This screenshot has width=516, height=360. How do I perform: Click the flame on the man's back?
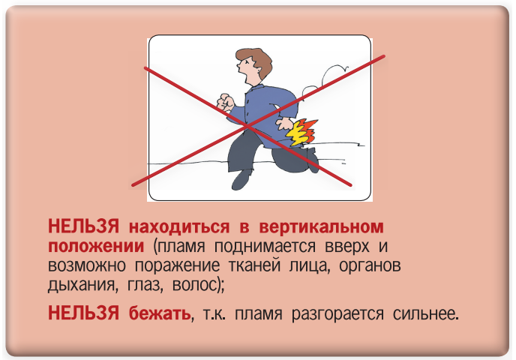(x=301, y=132)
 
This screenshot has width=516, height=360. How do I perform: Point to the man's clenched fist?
(x=226, y=102)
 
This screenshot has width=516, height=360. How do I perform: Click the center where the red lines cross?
(x=247, y=126)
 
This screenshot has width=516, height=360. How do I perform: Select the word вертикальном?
(x=321, y=227)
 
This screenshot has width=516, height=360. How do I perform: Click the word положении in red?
(x=96, y=246)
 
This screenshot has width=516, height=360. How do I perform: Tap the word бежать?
(x=160, y=313)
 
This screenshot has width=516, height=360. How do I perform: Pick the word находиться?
(x=179, y=227)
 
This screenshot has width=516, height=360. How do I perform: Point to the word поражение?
(x=177, y=266)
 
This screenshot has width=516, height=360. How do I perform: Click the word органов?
(x=370, y=266)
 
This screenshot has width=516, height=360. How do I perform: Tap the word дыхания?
(x=83, y=285)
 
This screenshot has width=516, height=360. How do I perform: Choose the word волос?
(x=194, y=285)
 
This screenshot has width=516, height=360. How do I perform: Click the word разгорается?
(x=337, y=313)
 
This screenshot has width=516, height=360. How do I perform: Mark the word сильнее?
(x=424, y=313)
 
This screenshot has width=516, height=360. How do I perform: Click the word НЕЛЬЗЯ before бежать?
(x=83, y=313)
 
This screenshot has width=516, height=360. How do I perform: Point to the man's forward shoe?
(x=241, y=180)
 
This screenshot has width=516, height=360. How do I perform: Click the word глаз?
(x=145, y=285)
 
